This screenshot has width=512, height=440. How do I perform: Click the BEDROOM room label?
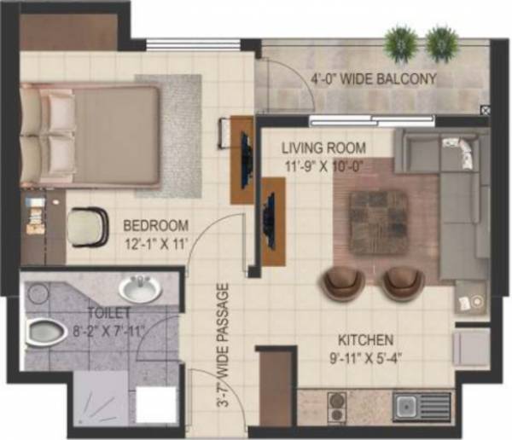click(155, 226)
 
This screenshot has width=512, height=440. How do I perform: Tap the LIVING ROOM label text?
click(324, 148)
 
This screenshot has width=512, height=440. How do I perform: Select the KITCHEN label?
click(364, 339)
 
